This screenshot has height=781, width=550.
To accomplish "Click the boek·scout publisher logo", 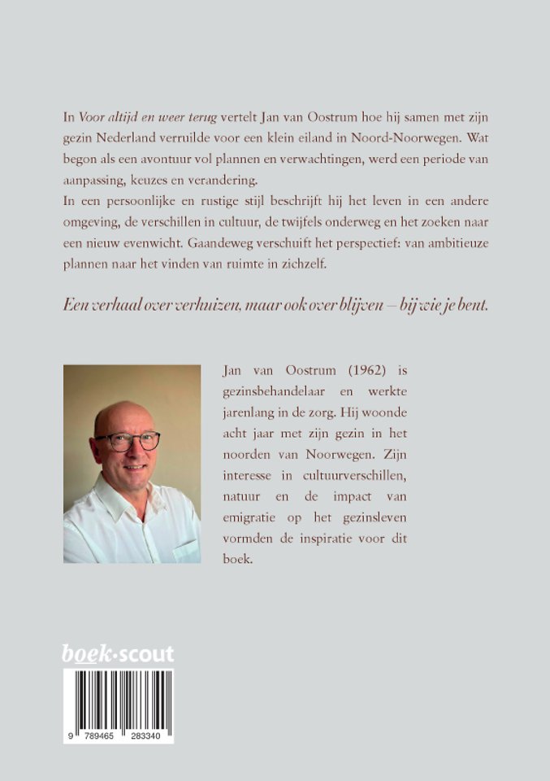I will (x=118, y=653).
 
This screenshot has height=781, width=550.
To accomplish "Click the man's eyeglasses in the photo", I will (x=128, y=441).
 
